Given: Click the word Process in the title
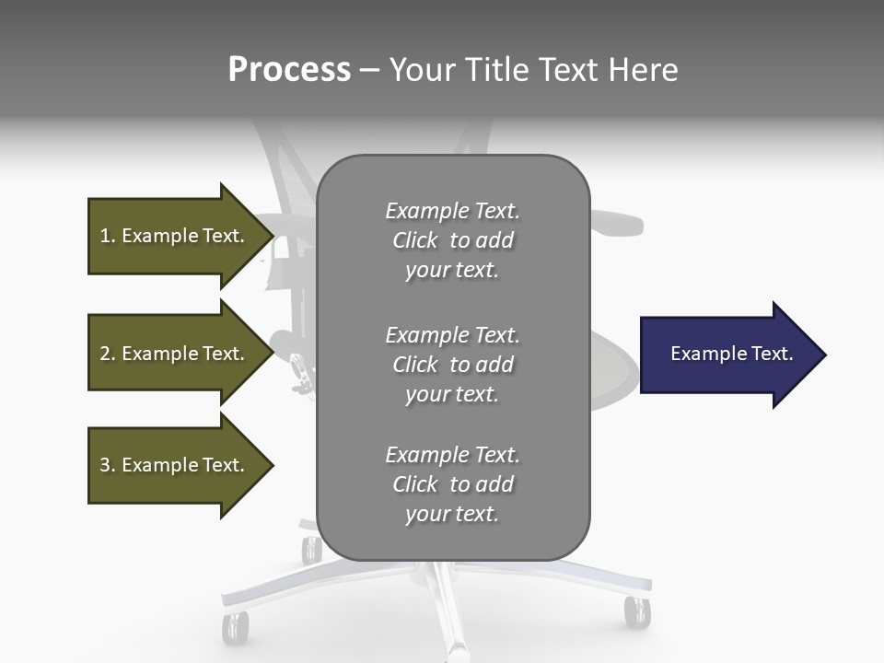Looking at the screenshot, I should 289,70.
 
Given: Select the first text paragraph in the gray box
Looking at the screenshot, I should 453,240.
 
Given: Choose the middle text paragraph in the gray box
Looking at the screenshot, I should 453,365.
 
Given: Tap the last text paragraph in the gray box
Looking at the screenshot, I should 453,484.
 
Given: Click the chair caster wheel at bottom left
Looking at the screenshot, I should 235,627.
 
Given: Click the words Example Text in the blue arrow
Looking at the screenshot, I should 731,354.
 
